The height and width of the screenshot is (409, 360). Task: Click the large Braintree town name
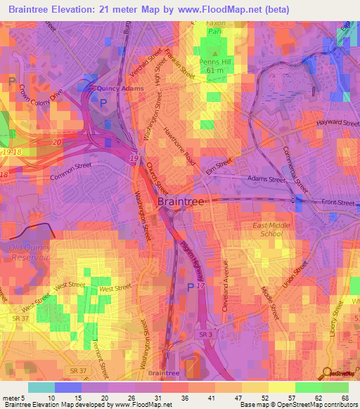click(181, 202)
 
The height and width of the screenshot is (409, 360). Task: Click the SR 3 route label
click(205, 335)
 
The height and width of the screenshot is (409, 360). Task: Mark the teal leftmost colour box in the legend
click(41, 387)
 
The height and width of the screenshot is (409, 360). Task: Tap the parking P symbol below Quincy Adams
click(104, 103)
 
